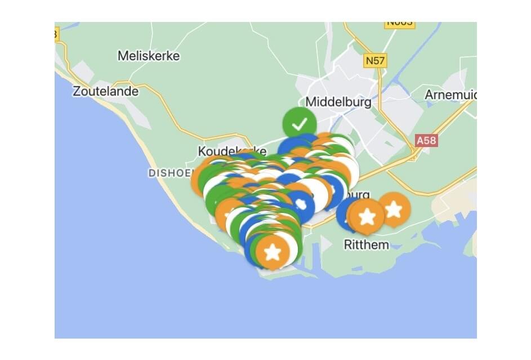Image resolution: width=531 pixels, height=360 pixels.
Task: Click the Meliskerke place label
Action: click(149, 56)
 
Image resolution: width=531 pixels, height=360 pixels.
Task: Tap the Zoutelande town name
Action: click(105, 91)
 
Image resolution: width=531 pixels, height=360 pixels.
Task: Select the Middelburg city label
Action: click(338, 103)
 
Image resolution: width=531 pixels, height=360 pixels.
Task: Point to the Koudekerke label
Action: click(224, 151)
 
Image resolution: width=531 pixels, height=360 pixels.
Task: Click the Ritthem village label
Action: click(366, 245)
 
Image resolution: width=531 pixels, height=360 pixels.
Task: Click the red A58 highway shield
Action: click(426, 140)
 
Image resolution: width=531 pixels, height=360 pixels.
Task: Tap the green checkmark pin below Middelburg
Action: click(300, 123)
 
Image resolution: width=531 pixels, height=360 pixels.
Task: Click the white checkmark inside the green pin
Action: click(300, 123)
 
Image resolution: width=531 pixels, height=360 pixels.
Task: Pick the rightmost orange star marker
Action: click(394, 210)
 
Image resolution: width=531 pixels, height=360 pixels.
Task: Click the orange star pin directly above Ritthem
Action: click(367, 216)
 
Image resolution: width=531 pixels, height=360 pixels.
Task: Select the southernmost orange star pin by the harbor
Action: click(273, 252)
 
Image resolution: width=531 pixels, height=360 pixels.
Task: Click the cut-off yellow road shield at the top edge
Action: click(399, 23)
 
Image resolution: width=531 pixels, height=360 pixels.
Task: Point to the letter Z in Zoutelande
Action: click(77, 91)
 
